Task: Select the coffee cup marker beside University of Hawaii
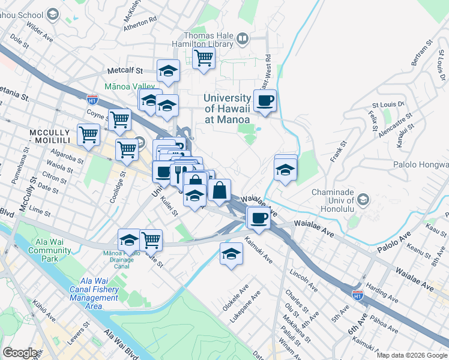point(265,101)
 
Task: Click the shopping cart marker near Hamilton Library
point(203,59)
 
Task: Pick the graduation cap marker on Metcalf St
point(169,71)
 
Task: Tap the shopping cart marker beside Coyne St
point(119,120)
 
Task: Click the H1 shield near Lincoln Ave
point(357,295)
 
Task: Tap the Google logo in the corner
point(20,353)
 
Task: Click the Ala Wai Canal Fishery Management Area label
point(100,293)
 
